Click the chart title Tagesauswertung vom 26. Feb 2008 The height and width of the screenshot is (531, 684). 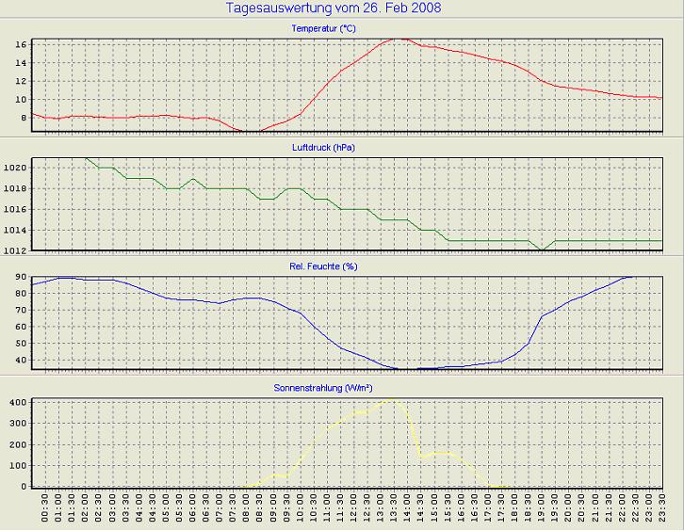click(x=334, y=8)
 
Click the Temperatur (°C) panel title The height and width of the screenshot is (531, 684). click(x=323, y=28)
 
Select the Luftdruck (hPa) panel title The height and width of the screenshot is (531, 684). click(x=323, y=148)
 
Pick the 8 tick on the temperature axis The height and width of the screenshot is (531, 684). click(x=21, y=118)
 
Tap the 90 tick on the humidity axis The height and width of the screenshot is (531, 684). click(x=18, y=278)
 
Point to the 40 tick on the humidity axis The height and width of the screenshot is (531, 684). click(x=18, y=360)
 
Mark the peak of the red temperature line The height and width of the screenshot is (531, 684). click(x=399, y=39)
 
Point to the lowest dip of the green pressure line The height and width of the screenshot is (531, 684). click(x=542, y=249)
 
